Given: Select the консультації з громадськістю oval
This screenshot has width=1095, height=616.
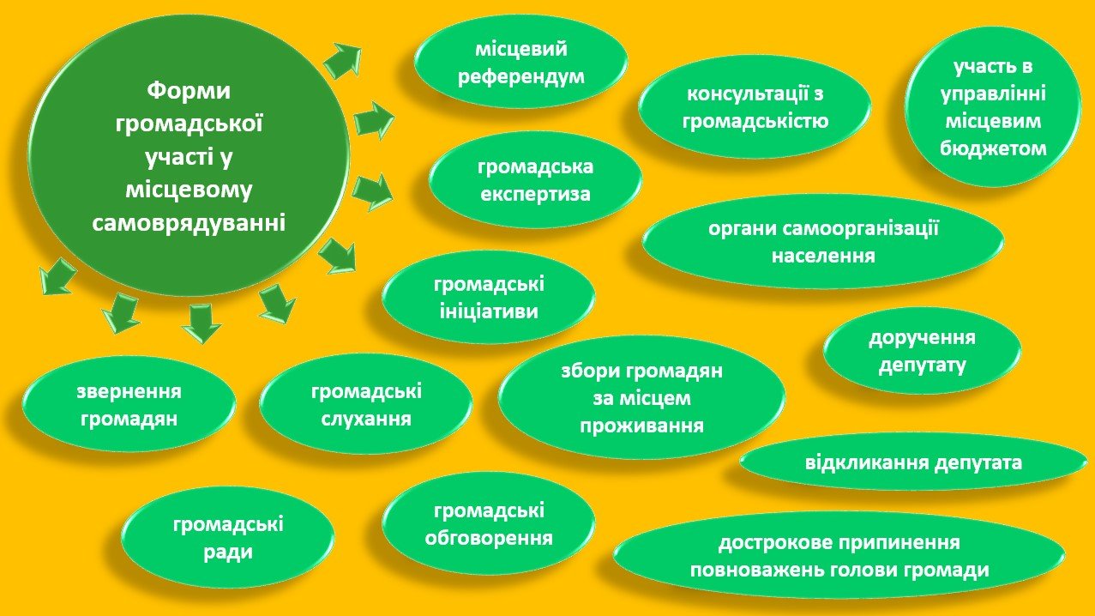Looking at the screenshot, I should point(755,106).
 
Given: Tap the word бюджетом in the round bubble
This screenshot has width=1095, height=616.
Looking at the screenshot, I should point(993,148).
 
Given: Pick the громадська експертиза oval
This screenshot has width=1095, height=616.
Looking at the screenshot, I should point(535,179).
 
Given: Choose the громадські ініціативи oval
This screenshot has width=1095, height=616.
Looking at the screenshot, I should point(488,297).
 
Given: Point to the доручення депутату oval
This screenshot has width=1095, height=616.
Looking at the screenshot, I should point(922,351).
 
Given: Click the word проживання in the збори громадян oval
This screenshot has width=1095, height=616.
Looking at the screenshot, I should point(641,426).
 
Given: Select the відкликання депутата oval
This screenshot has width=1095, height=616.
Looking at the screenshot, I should point(913,464).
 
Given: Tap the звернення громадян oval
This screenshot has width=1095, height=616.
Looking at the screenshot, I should point(129,405).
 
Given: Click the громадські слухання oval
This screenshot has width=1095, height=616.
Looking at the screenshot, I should point(366,405).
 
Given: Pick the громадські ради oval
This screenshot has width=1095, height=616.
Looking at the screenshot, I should point(228,538).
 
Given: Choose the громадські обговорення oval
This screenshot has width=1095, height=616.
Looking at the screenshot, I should point(488,524).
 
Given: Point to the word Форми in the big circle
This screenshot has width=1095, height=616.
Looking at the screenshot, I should point(190,90).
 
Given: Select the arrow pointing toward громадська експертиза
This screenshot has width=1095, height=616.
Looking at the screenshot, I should point(372,190).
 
